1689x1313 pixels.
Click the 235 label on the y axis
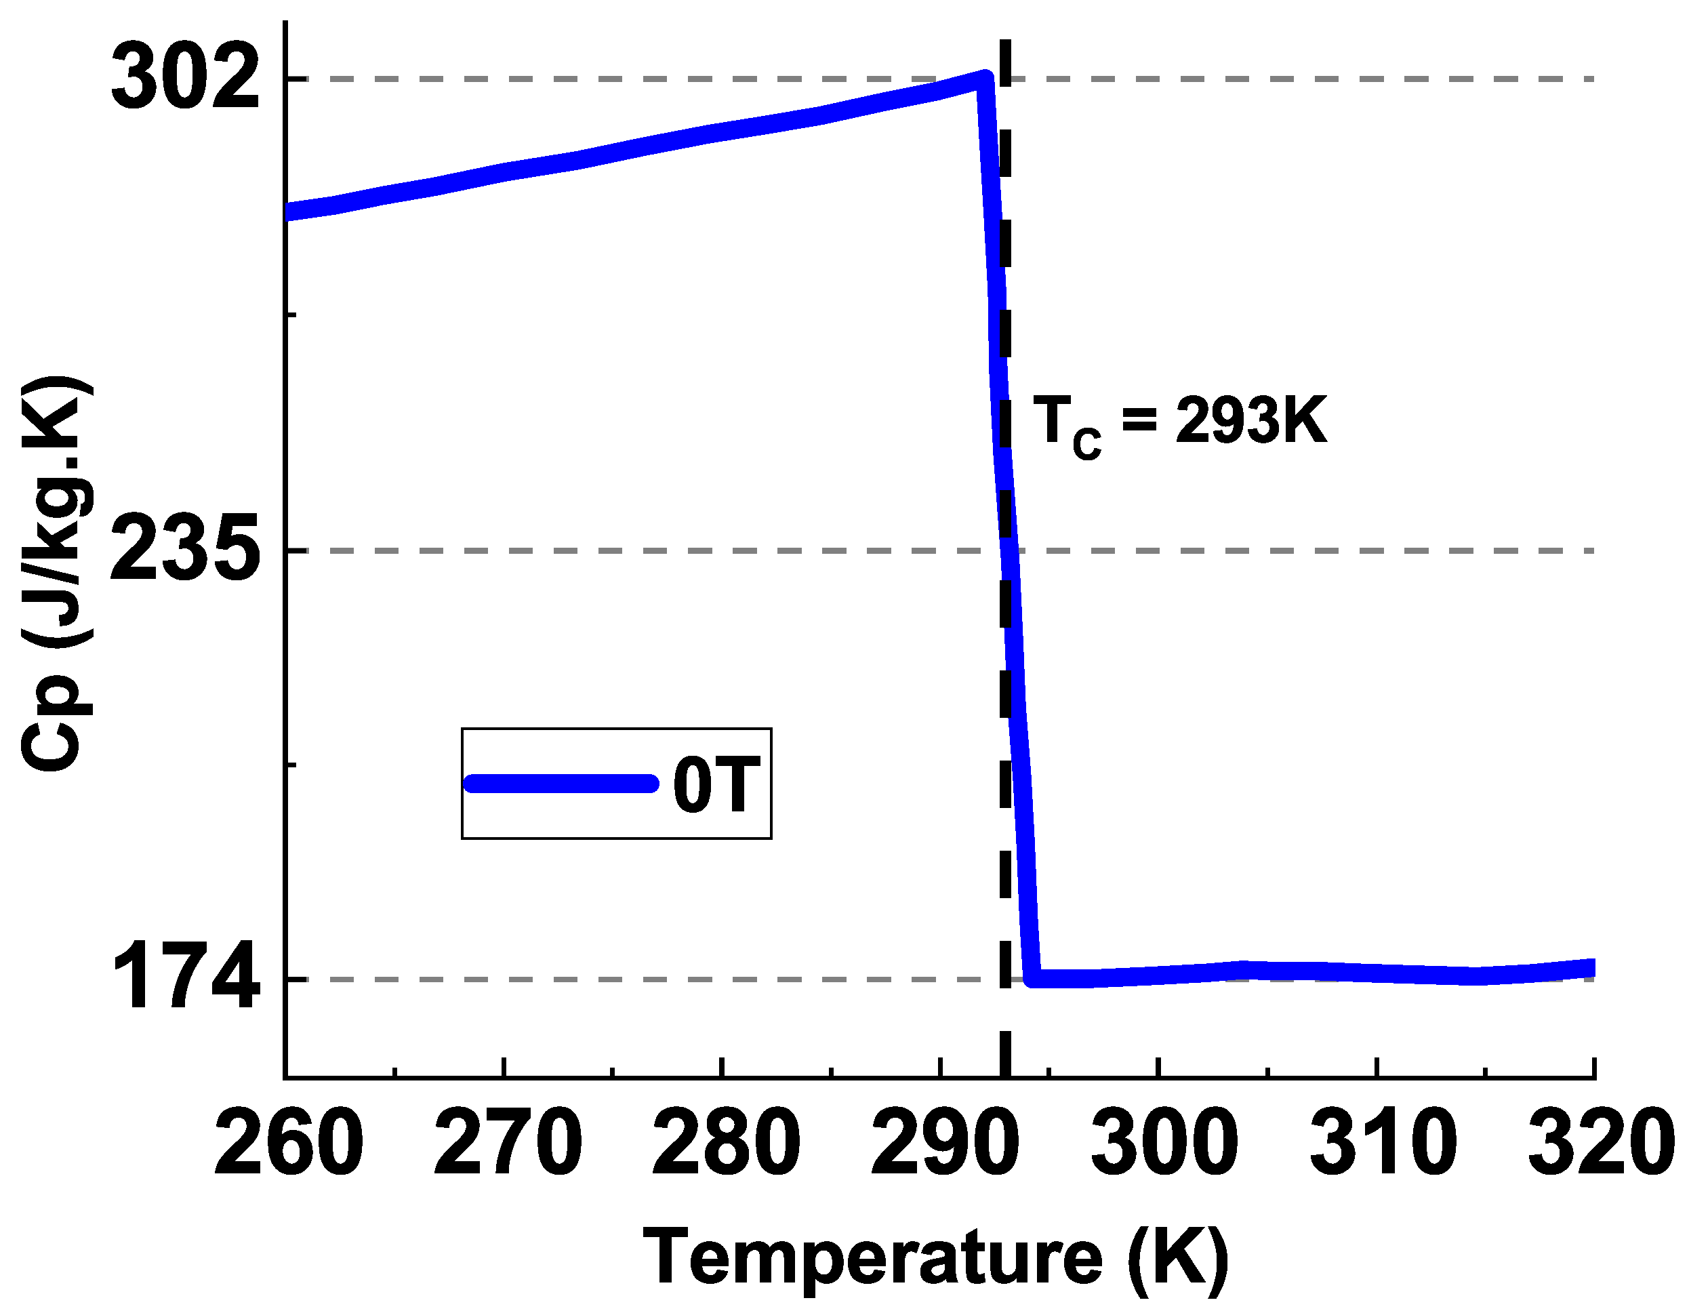point(186,550)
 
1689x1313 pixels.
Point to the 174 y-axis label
point(186,978)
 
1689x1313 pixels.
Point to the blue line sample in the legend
point(561,784)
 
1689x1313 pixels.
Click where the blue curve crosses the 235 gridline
point(1009,550)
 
